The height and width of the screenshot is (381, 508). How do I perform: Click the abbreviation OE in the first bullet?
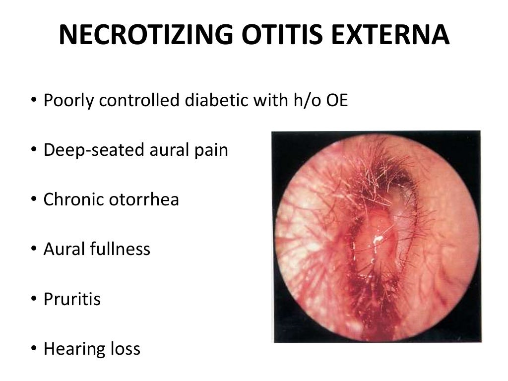click(338, 101)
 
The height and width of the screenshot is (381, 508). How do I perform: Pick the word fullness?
click(118, 249)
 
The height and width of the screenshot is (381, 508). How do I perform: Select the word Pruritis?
click(72, 299)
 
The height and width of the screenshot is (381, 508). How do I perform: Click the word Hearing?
click(73, 349)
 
